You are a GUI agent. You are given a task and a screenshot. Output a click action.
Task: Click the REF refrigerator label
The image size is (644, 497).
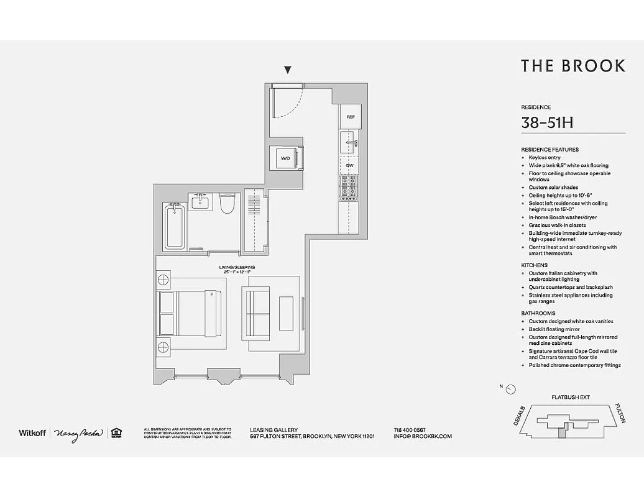(x=350, y=117)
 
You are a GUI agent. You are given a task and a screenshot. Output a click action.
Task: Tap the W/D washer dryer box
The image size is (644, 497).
(x=285, y=158)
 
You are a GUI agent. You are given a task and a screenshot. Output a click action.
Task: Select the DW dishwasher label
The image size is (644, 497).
(x=349, y=165)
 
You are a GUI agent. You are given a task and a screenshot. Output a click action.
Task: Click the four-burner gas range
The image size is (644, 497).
(x=348, y=188)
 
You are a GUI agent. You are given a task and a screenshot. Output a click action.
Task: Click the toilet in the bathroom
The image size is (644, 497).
(x=226, y=204)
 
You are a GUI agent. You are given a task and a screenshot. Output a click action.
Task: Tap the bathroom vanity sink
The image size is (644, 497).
(x=200, y=202)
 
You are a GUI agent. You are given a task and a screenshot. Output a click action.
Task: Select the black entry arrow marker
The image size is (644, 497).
(x=288, y=70)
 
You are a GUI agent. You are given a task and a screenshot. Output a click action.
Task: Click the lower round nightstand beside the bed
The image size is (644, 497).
(x=163, y=347)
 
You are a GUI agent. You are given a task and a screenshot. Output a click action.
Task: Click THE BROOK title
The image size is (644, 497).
(x=573, y=66)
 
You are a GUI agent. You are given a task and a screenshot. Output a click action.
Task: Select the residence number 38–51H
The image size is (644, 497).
(x=547, y=122)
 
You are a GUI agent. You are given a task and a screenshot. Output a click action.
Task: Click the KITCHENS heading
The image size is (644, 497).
(x=534, y=265)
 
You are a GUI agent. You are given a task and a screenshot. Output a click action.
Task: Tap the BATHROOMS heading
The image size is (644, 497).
(x=538, y=313)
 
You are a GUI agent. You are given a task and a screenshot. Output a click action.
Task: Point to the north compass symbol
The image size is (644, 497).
(x=510, y=390)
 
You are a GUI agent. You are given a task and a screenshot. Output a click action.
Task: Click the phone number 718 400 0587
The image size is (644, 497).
(x=410, y=429)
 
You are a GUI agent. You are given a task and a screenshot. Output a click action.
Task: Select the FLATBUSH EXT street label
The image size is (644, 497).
(x=570, y=397)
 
